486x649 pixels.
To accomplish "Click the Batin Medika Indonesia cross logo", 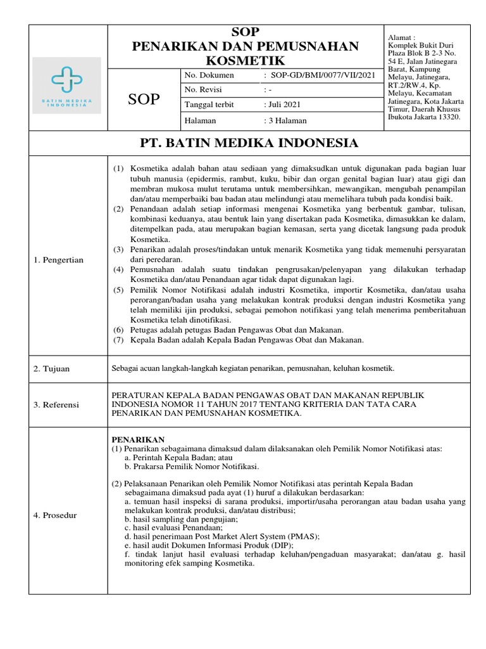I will point(66,79).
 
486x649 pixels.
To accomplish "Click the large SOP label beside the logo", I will point(144,100).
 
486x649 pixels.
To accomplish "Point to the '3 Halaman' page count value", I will point(287,120).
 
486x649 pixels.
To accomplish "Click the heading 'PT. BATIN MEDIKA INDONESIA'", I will point(249,143).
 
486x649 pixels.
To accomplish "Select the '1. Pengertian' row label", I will point(59,260).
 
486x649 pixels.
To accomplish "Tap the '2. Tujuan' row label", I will point(53,368).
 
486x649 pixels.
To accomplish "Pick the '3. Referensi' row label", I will point(56,404).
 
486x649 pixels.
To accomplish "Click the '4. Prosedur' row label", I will point(55,515).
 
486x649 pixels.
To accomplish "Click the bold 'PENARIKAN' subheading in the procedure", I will point(138,439).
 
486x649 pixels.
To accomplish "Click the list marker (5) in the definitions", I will point(119,290).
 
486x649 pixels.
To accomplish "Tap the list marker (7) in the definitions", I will point(119,340).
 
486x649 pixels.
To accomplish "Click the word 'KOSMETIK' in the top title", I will point(244,60).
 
